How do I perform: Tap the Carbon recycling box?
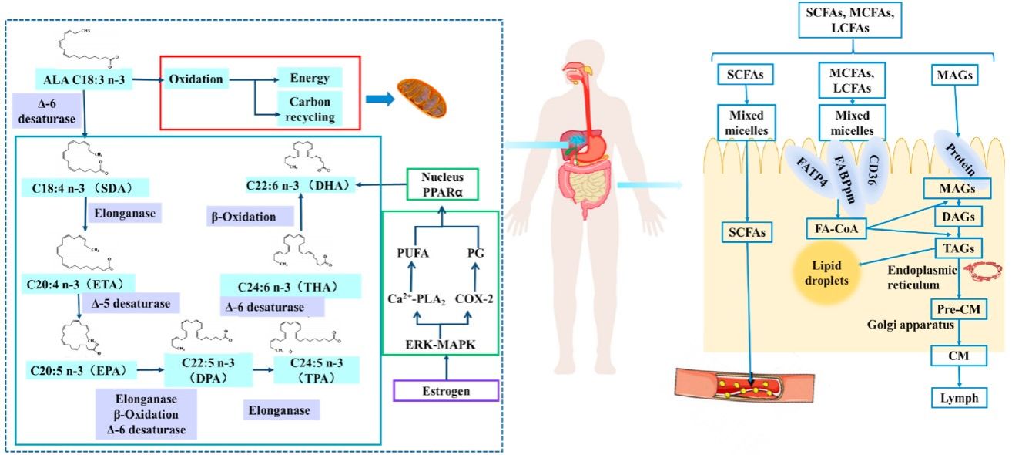point(311,110)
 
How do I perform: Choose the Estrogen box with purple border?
point(446,391)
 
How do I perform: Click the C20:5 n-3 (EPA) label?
point(74,371)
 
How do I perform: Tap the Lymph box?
point(957,398)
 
